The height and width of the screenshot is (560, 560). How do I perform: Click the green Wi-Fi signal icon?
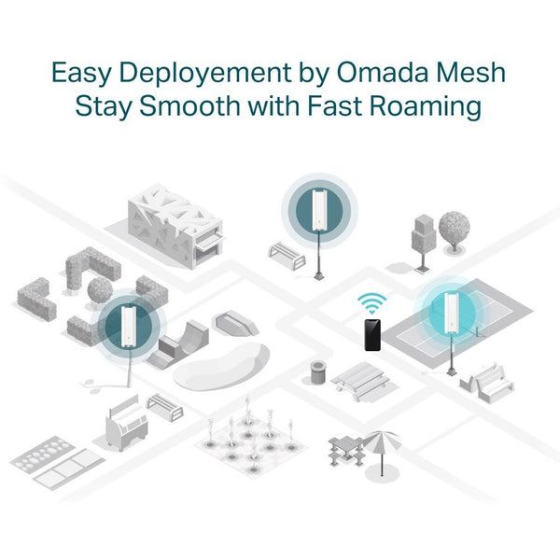click(372, 302)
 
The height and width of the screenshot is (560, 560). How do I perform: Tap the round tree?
click(454, 228)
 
